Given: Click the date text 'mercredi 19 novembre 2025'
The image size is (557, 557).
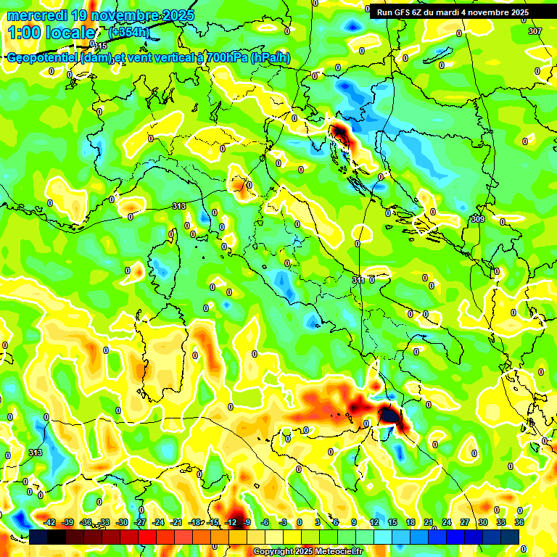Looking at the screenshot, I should (x=101, y=15).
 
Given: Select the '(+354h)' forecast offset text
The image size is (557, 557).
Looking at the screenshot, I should (x=129, y=33).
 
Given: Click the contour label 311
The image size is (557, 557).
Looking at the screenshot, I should (x=358, y=280).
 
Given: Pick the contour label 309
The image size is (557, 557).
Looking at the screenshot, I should (x=477, y=219).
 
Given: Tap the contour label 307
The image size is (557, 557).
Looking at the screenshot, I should (x=535, y=31).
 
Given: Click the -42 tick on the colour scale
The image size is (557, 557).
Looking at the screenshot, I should (x=50, y=522).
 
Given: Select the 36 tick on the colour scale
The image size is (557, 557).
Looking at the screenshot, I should (x=519, y=522).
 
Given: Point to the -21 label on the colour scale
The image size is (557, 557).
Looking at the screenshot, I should (x=176, y=522).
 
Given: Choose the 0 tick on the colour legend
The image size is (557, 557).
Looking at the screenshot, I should (x=300, y=522).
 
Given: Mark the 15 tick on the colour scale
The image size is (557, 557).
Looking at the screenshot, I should (x=392, y=522).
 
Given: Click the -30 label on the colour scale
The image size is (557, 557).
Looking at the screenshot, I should (x=122, y=522).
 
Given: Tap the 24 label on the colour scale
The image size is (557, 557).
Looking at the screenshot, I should (x=446, y=522).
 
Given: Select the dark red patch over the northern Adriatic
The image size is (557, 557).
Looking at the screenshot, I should (x=339, y=133).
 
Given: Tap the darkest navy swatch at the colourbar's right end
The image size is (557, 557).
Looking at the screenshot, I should (x=511, y=537).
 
